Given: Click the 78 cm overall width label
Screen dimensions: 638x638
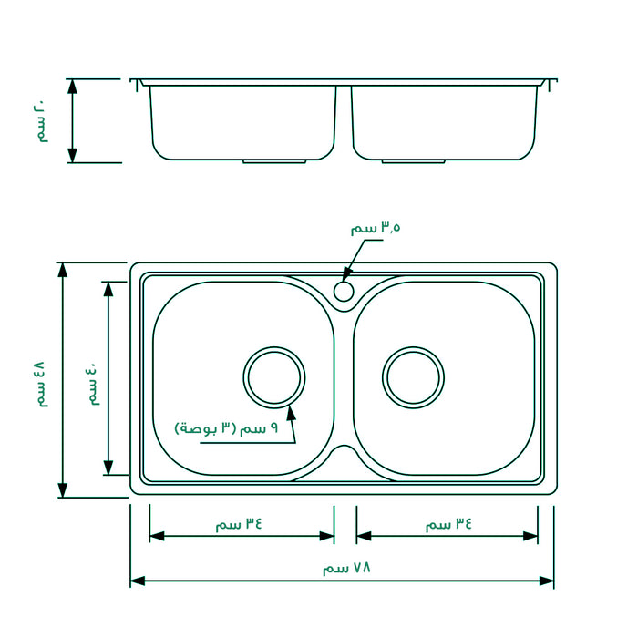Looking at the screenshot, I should tap(347, 568).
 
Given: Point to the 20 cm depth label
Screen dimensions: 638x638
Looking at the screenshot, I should tap(40, 122).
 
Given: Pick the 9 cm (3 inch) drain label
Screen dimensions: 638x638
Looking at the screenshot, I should tap(226, 427).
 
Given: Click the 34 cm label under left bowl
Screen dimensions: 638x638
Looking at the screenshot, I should tap(239, 524).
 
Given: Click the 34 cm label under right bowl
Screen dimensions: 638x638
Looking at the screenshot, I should tap(449, 524).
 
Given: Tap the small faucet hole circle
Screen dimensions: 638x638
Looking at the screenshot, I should tap(344, 291).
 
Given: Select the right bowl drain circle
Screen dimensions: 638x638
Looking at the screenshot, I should tap(414, 376).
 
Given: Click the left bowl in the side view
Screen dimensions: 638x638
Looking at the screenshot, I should tap(242, 121).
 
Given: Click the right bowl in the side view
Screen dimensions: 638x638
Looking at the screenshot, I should tap(443, 121).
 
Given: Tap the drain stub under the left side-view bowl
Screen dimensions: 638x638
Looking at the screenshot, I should tap(274, 162).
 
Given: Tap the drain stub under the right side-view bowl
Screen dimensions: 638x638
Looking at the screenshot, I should tap(413, 162).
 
